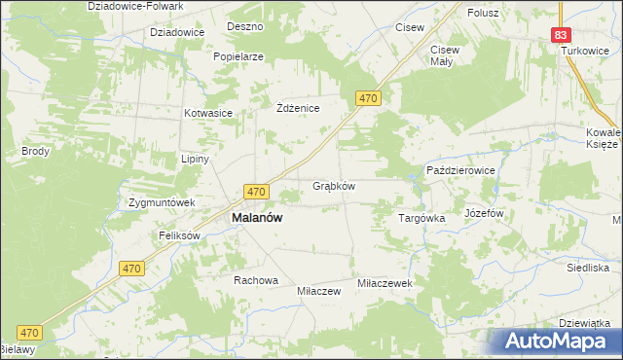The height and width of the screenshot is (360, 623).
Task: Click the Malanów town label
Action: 256,219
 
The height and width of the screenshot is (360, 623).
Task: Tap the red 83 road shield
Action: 560,34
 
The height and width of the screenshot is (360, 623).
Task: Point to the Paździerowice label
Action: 461,170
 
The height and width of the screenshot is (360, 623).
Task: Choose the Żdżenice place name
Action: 299,108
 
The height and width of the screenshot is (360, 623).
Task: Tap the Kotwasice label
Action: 208,113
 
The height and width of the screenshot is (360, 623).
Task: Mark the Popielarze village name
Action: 239,56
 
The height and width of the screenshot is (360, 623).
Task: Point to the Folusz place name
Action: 482,13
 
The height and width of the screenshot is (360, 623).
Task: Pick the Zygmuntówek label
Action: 163,203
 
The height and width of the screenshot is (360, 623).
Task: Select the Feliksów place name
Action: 179,236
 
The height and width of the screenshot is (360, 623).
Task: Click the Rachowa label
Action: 255,280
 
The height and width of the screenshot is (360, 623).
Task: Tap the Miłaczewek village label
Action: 386,282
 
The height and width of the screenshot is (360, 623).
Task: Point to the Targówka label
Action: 421,219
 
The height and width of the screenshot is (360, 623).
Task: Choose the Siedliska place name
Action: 587,267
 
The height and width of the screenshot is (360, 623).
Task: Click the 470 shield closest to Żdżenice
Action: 367,99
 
